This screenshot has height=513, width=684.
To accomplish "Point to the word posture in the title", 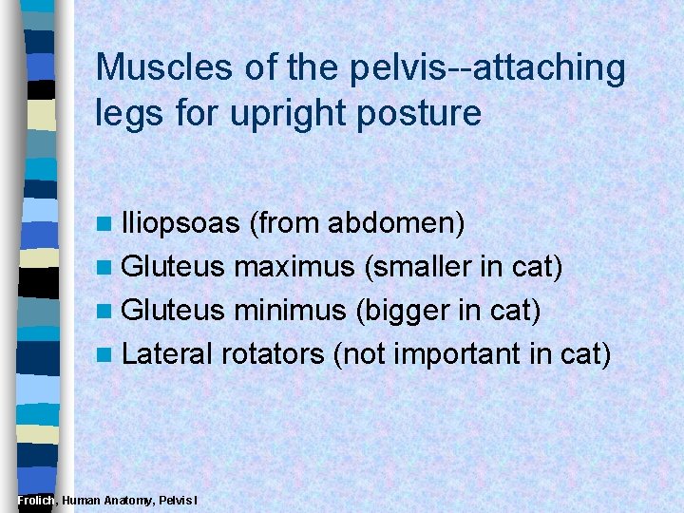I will [429, 114].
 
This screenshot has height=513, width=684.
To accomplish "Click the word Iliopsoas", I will [180, 223].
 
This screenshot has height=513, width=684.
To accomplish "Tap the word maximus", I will [294, 267].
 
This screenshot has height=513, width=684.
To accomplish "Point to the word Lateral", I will [167, 353].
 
